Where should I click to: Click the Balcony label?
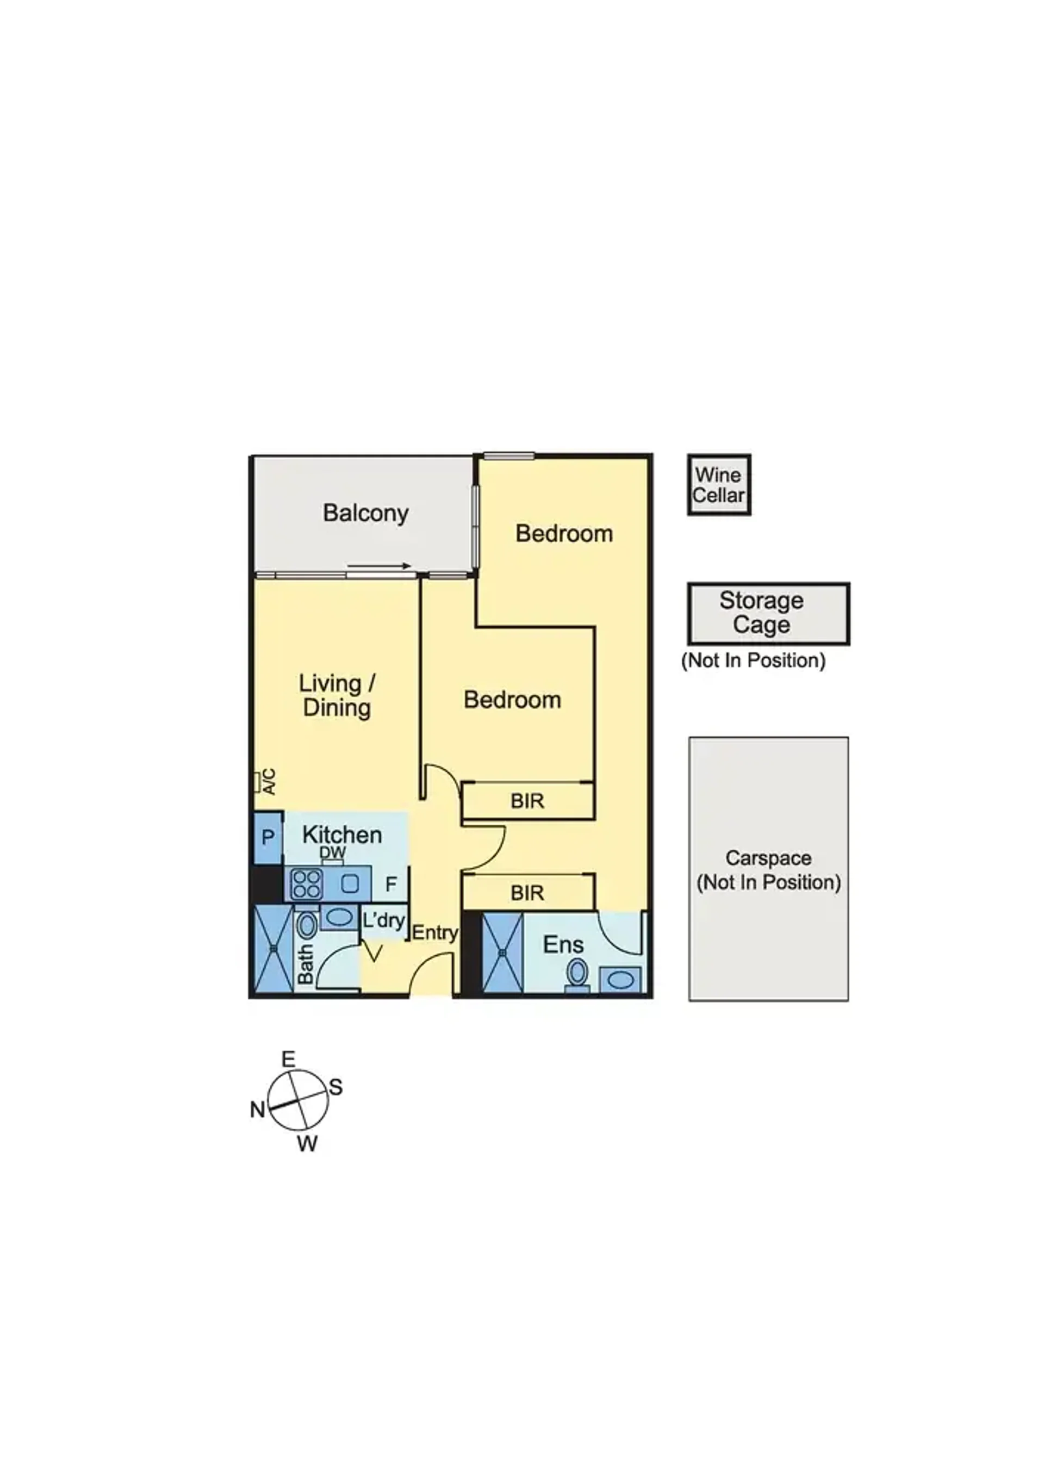pyautogui.click(x=365, y=514)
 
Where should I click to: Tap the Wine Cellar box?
pyautogui.click(x=719, y=485)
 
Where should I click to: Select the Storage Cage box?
pyautogui.click(x=768, y=613)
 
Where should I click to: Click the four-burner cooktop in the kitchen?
pyautogui.click(x=307, y=884)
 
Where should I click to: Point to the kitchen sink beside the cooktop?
pyautogui.click(x=350, y=884)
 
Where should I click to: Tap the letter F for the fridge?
pyautogui.click(x=391, y=885)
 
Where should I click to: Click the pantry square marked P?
pyautogui.click(x=268, y=838)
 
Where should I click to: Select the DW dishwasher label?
pyautogui.click(x=332, y=853)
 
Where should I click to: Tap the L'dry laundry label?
pyautogui.click(x=383, y=920)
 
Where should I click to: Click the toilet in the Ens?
pyautogui.click(x=576, y=975)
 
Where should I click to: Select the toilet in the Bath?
pyautogui.click(x=307, y=926)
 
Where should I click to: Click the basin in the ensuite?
pyautogui.click(x=620, y=980)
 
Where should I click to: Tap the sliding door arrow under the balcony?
pyautogui.click(x=378, y=566)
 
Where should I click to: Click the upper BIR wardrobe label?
pyautogui.click(x=527, y=801)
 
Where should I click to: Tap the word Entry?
pyautogui.click(x=434, y=933)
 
